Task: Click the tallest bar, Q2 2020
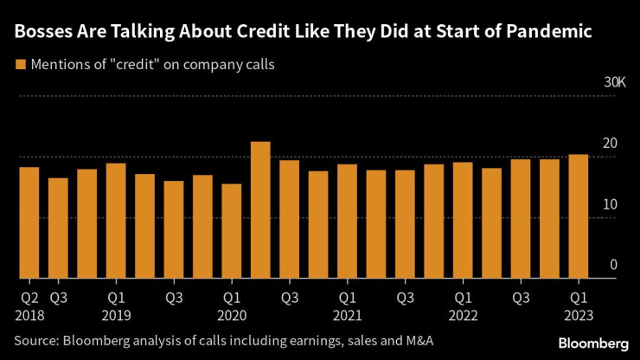pyautogui.click(x=260, y=210)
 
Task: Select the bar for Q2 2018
pyautogui.click(x=29, y=223)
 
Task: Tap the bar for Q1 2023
pyautogui.click(x=579, y=216)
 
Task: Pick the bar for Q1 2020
pyautogui.click(x=232, y=231)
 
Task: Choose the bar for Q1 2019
pyautogui.click(x=116, y=221)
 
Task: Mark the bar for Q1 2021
pyautogui.click(x=347, y=222)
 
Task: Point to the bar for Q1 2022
pyautogui.click(x=463, y=221)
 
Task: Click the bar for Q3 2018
pyautogui.click(x=58, y=228)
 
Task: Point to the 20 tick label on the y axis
pyautogui.click(x=611, y=144)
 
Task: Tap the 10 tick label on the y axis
pyautogui.click(x=611, y=204)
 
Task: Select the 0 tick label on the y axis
pyautogui.click(x=614, y=265)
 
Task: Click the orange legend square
pyautogui.click(x=19, y=64)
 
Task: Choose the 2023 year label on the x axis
pyautogui.click(x=579, y=317)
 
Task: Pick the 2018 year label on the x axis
pyautogui.click(x=29, y=317)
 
